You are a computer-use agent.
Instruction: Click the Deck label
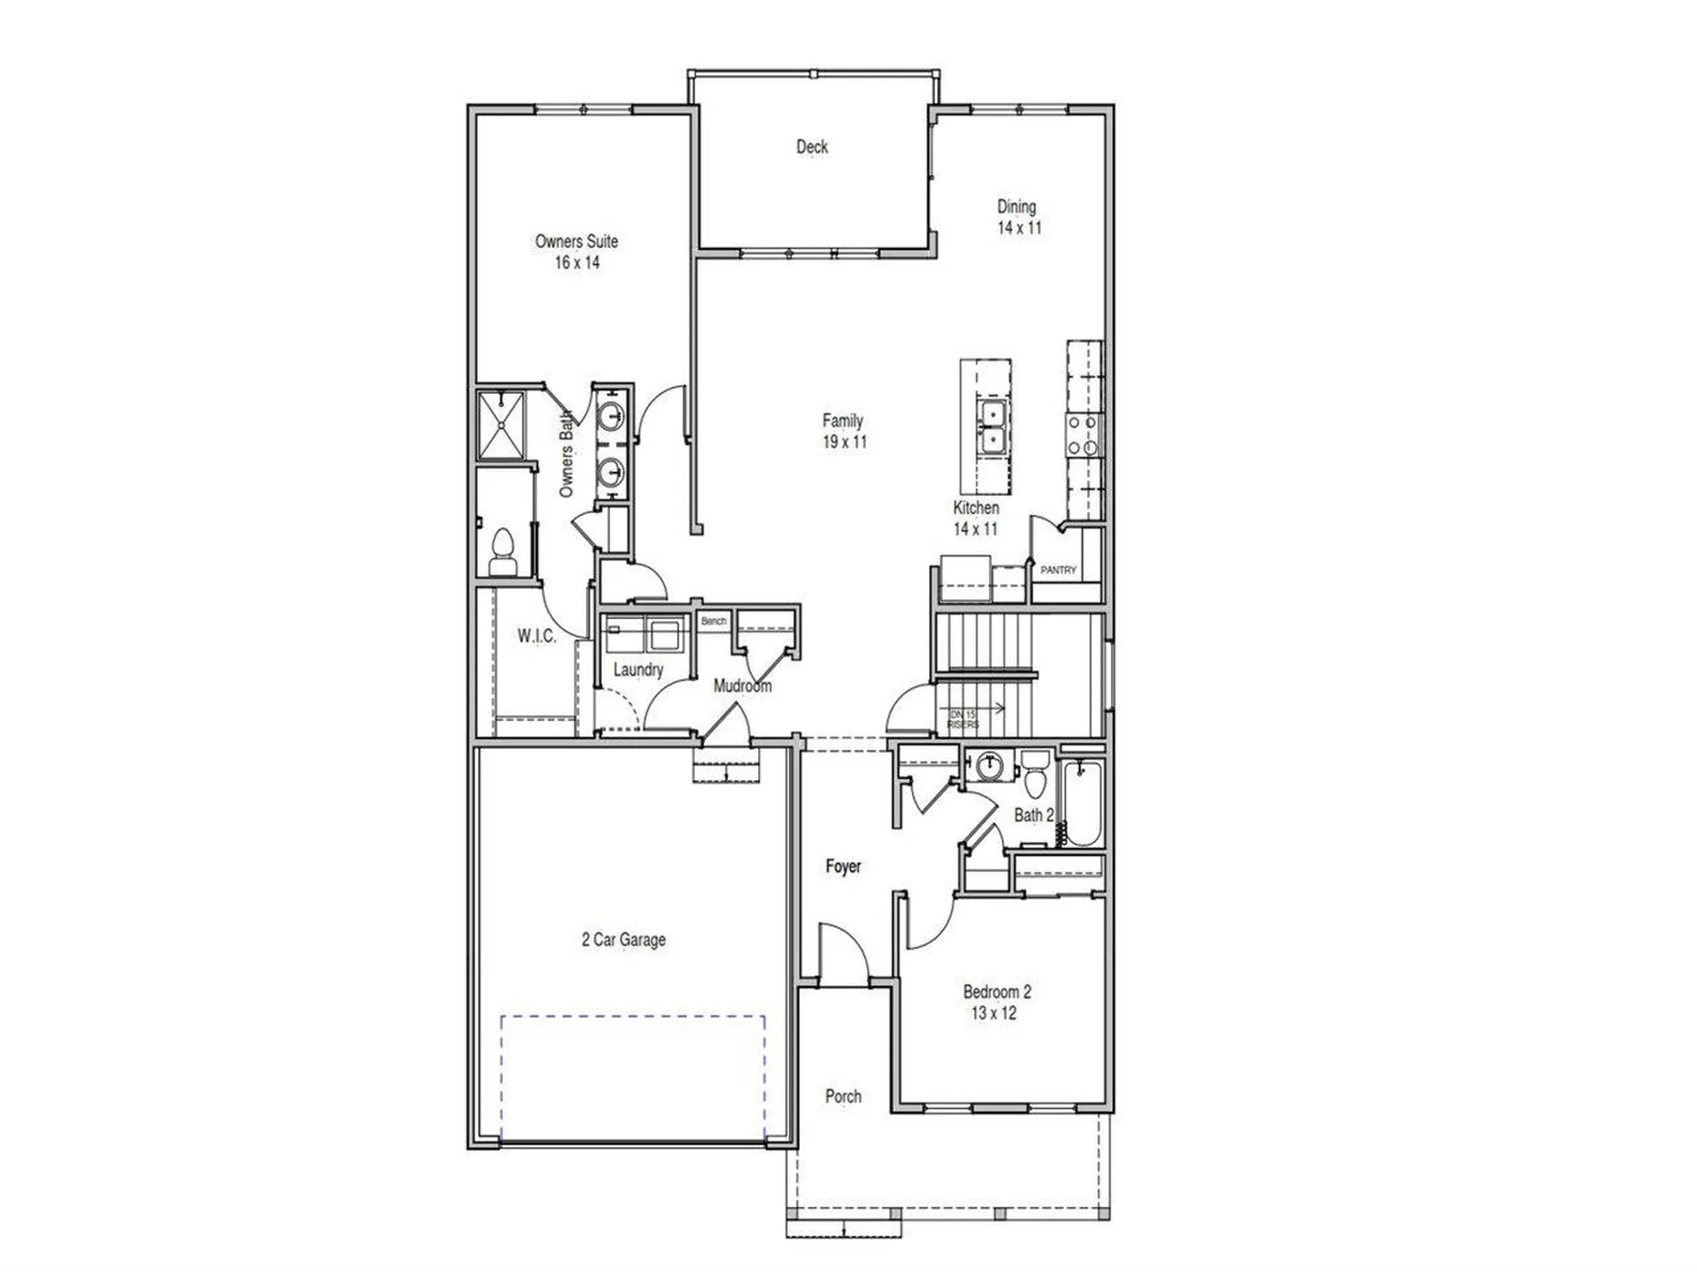(811, 147)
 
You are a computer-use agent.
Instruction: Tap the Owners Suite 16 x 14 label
(576, 252)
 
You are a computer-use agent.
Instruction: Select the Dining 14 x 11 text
(1018, 216)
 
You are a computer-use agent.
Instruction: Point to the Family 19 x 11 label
(843, 431)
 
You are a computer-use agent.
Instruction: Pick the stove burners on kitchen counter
(1083, 435)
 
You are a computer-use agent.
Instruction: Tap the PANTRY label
(1058, 571)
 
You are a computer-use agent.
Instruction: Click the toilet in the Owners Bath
(503, 551)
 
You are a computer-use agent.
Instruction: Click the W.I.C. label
(536, 635)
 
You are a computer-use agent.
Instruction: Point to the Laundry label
(637, 670)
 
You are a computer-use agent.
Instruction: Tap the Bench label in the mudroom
(713, 621)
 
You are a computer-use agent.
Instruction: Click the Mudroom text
(742, 685)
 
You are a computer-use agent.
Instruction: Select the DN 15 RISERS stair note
(963, 719)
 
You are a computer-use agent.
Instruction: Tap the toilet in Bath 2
(1034, 775)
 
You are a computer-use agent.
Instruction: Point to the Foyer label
(842, 867)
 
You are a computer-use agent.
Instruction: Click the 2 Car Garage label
(623, 940)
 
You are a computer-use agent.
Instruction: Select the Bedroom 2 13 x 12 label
(996, 1003)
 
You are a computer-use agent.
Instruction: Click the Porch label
(842, 1096)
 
